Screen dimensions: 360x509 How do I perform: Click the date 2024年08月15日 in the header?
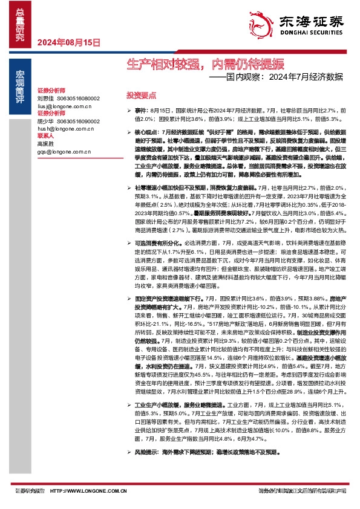click(x=68, y=42)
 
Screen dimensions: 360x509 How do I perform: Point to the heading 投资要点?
click(x=141, y=96)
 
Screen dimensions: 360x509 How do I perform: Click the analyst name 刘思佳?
click(x=45, y=97)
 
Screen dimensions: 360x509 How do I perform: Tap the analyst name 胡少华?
click(x=45, y=120)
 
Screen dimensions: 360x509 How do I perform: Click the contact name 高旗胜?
click(x=45, y=144)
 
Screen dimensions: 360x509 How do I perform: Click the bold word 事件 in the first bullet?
click(x=140, y=112)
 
